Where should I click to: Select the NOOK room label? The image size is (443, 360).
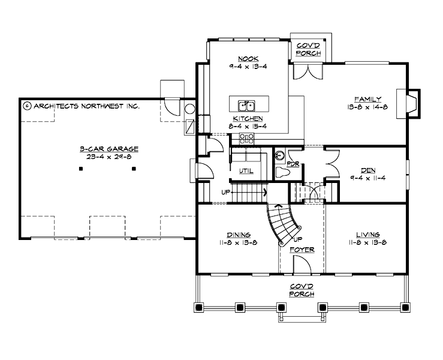[x=247, y=59]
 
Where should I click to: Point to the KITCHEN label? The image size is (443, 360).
[x=247, y=119]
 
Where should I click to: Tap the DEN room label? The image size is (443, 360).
[x=367, y=170]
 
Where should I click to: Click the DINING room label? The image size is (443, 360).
[x=239, y=235]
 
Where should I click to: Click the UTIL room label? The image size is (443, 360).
[x=246, y=170]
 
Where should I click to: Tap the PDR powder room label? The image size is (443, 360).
[x=293, y=163]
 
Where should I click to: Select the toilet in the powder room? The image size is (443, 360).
[x=283, y=173]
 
